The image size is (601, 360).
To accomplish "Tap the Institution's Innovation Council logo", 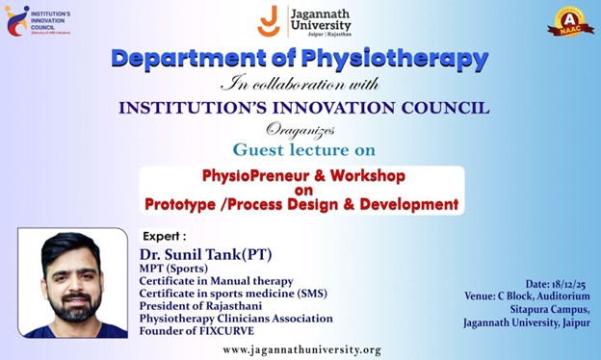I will tap(17, 20).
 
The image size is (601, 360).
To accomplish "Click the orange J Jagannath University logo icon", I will tap(270, 20).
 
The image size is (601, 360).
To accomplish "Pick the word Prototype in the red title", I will tap(186, 204).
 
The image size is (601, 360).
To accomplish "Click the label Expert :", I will tap(164, 236).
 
